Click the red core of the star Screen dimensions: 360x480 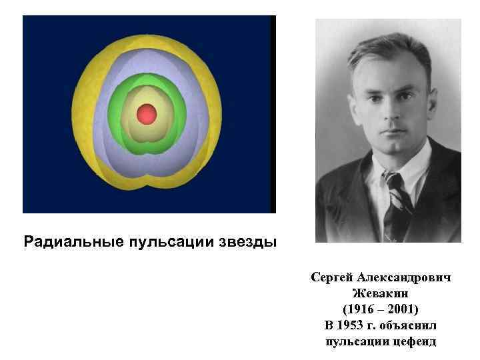pos(146,115)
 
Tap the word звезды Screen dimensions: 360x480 pos(247,241)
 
